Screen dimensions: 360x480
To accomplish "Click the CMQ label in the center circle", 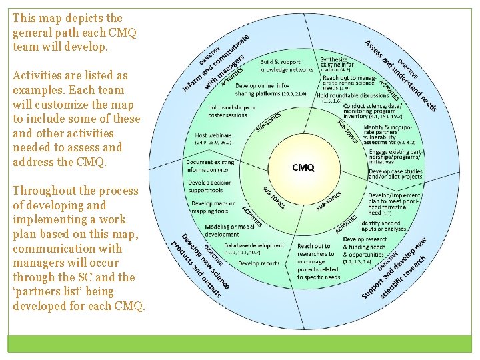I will click(x=303, y=167).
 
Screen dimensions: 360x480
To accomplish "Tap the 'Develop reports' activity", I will click(x=259, y=263).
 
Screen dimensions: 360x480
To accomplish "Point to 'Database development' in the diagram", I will click(x=254, y=245).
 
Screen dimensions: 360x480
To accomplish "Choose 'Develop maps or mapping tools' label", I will click(x=213, y=207).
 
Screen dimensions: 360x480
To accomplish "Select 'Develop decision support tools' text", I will click(x=210, y=186).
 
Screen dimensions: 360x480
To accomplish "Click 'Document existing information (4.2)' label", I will click(x=210, y=165).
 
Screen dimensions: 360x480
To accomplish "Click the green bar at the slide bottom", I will click(x=239, y=344).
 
